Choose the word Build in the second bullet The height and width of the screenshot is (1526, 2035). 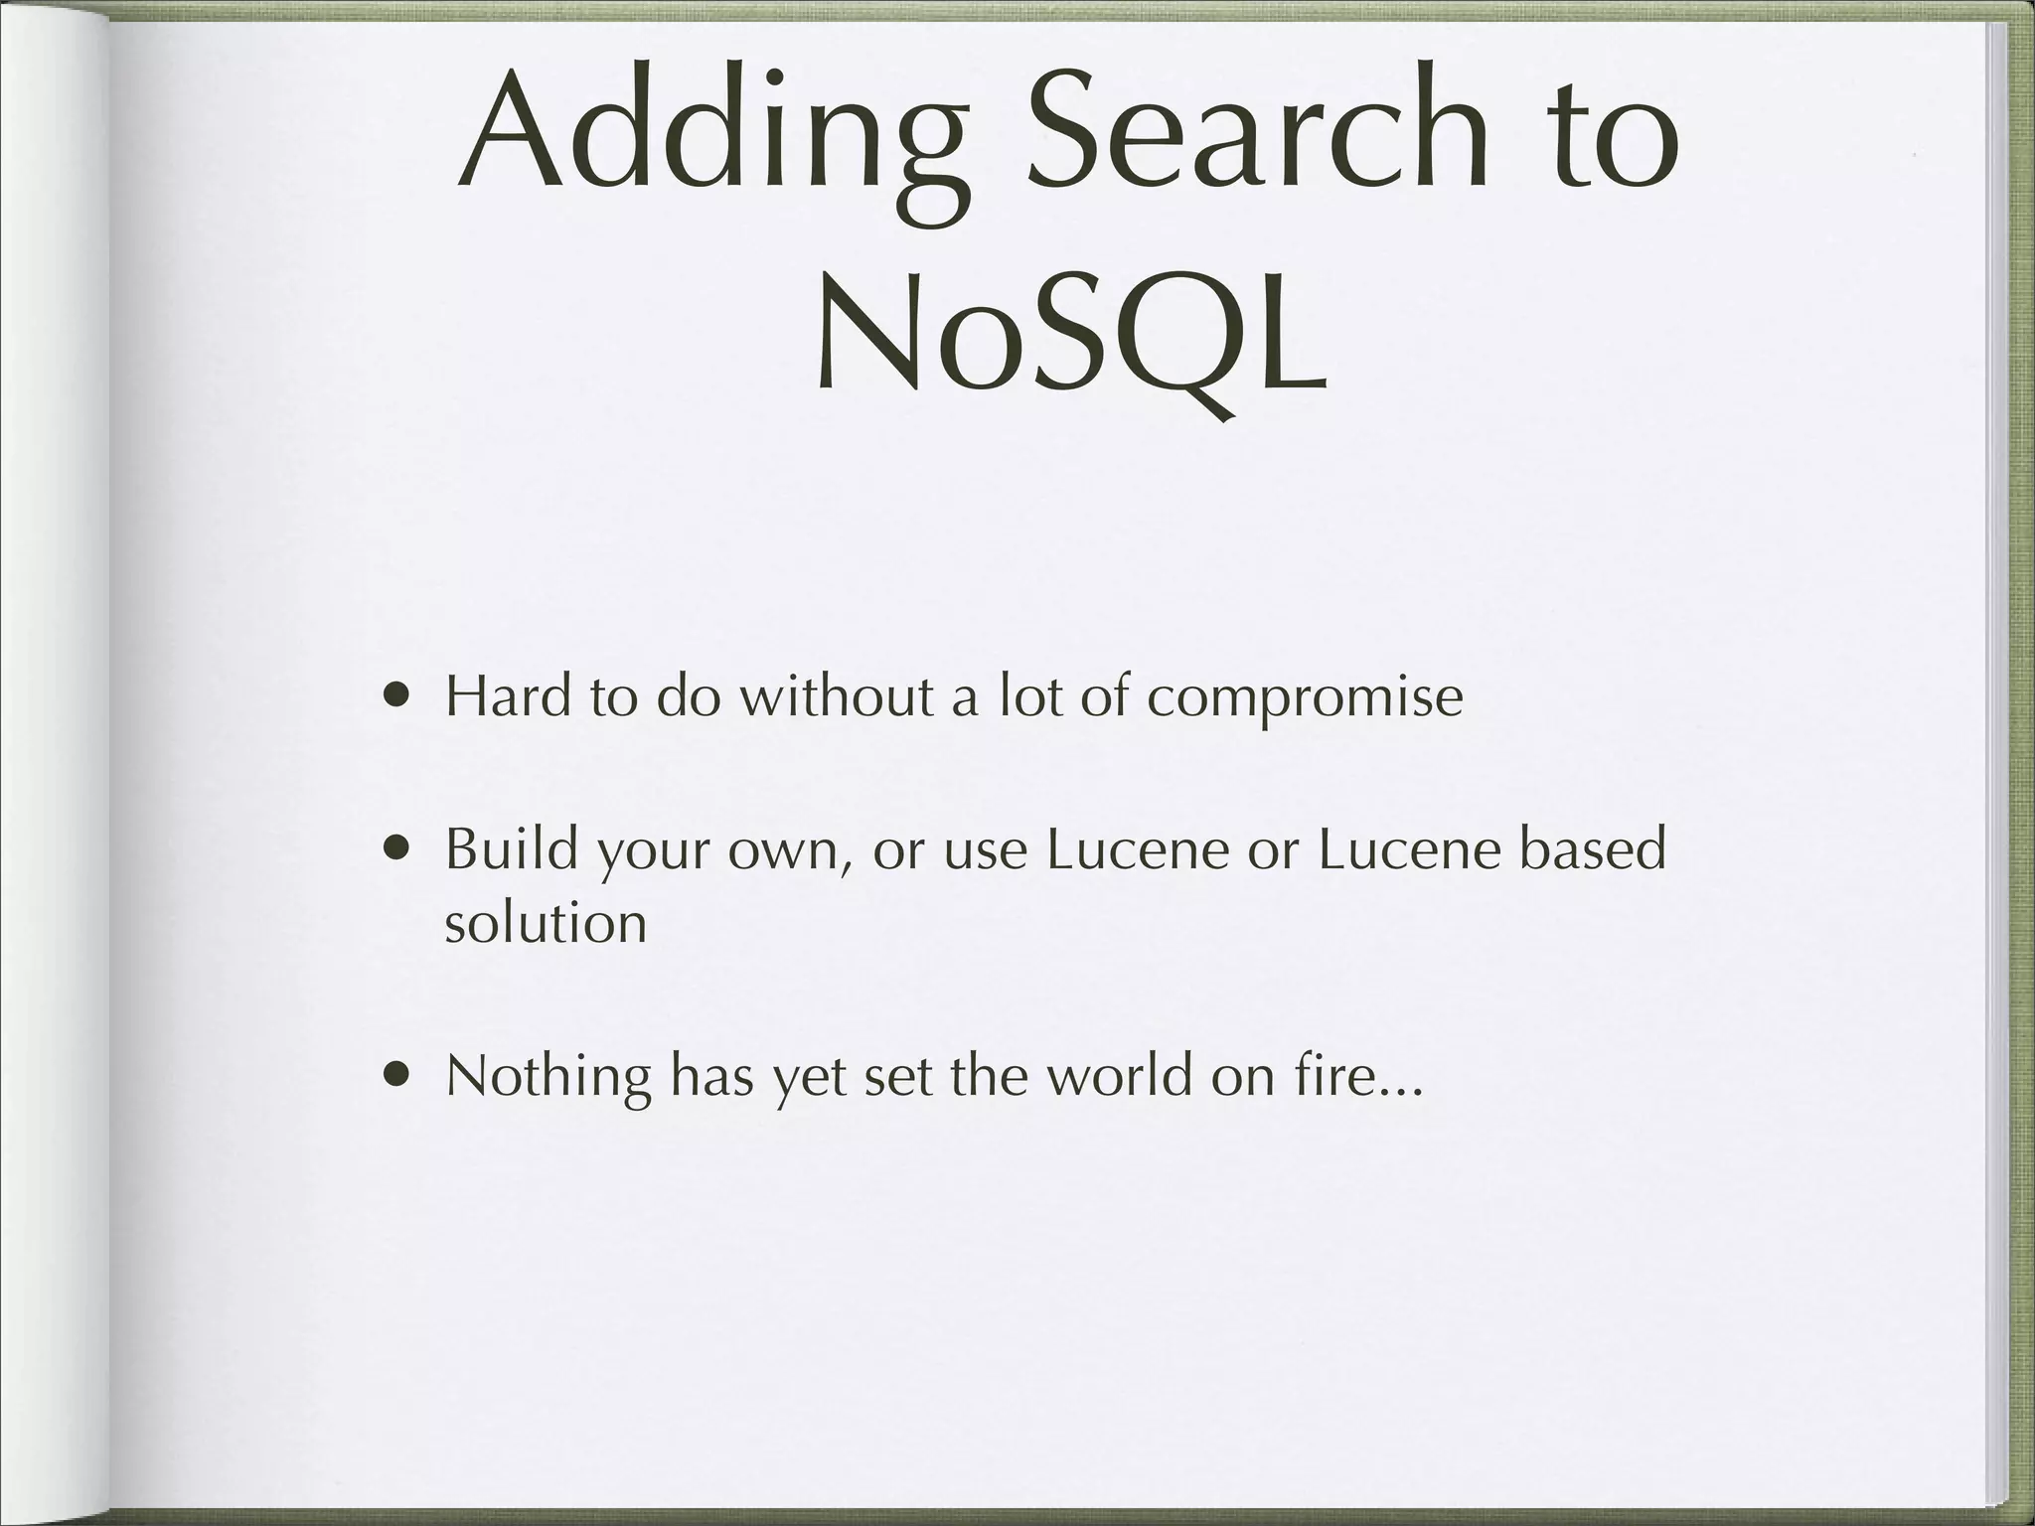point(511,849)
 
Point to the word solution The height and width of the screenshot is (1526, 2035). point(546,923)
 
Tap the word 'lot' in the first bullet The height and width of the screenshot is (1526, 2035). point(1032,695)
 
